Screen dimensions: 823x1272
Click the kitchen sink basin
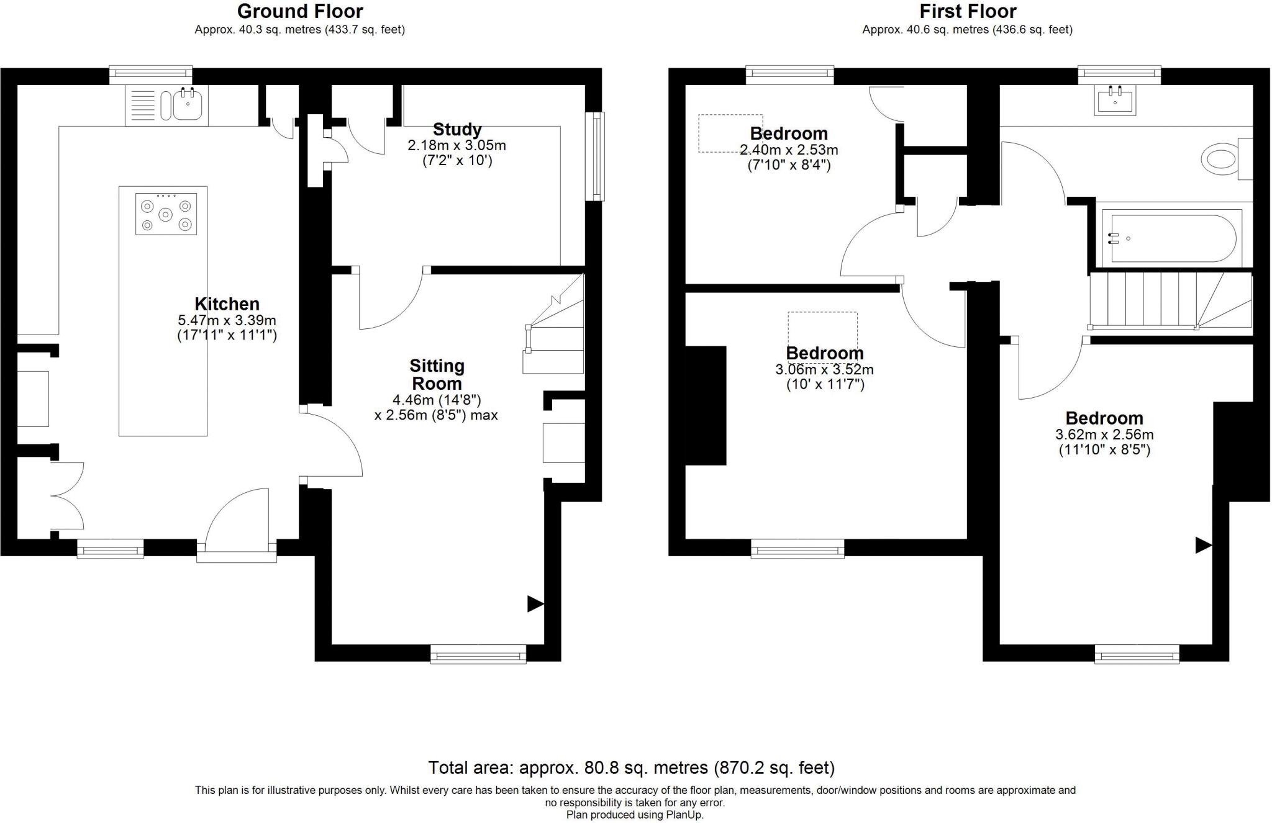click(x=188, y=104)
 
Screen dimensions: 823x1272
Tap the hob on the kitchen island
click(x=166, y=214)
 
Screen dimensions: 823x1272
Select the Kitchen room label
click(x=227, y=304)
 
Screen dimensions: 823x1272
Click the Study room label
click(x=457, y=130)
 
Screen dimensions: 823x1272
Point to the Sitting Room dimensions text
click(x=436, y=408)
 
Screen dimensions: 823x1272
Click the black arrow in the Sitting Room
click(x=535, y=604)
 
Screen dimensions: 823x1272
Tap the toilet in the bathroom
click(x=1220, y=160)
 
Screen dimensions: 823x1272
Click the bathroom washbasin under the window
click(x=1116, y=101)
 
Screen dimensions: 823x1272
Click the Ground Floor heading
click(x=300, y=11)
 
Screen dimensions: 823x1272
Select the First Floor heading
click(x=968, y=11)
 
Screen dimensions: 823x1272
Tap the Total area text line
click(x=631, y=768)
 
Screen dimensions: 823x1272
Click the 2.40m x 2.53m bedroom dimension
click(x=789, y=150)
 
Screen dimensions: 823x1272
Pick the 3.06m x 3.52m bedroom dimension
click(x=824, y=370)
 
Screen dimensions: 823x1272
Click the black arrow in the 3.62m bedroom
click(x=1203, y=546)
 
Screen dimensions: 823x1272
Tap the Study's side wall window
click(x=596, y=156)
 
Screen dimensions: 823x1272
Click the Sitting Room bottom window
click(x=478, y=654)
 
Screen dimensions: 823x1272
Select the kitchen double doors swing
click(x=67, y=495)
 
